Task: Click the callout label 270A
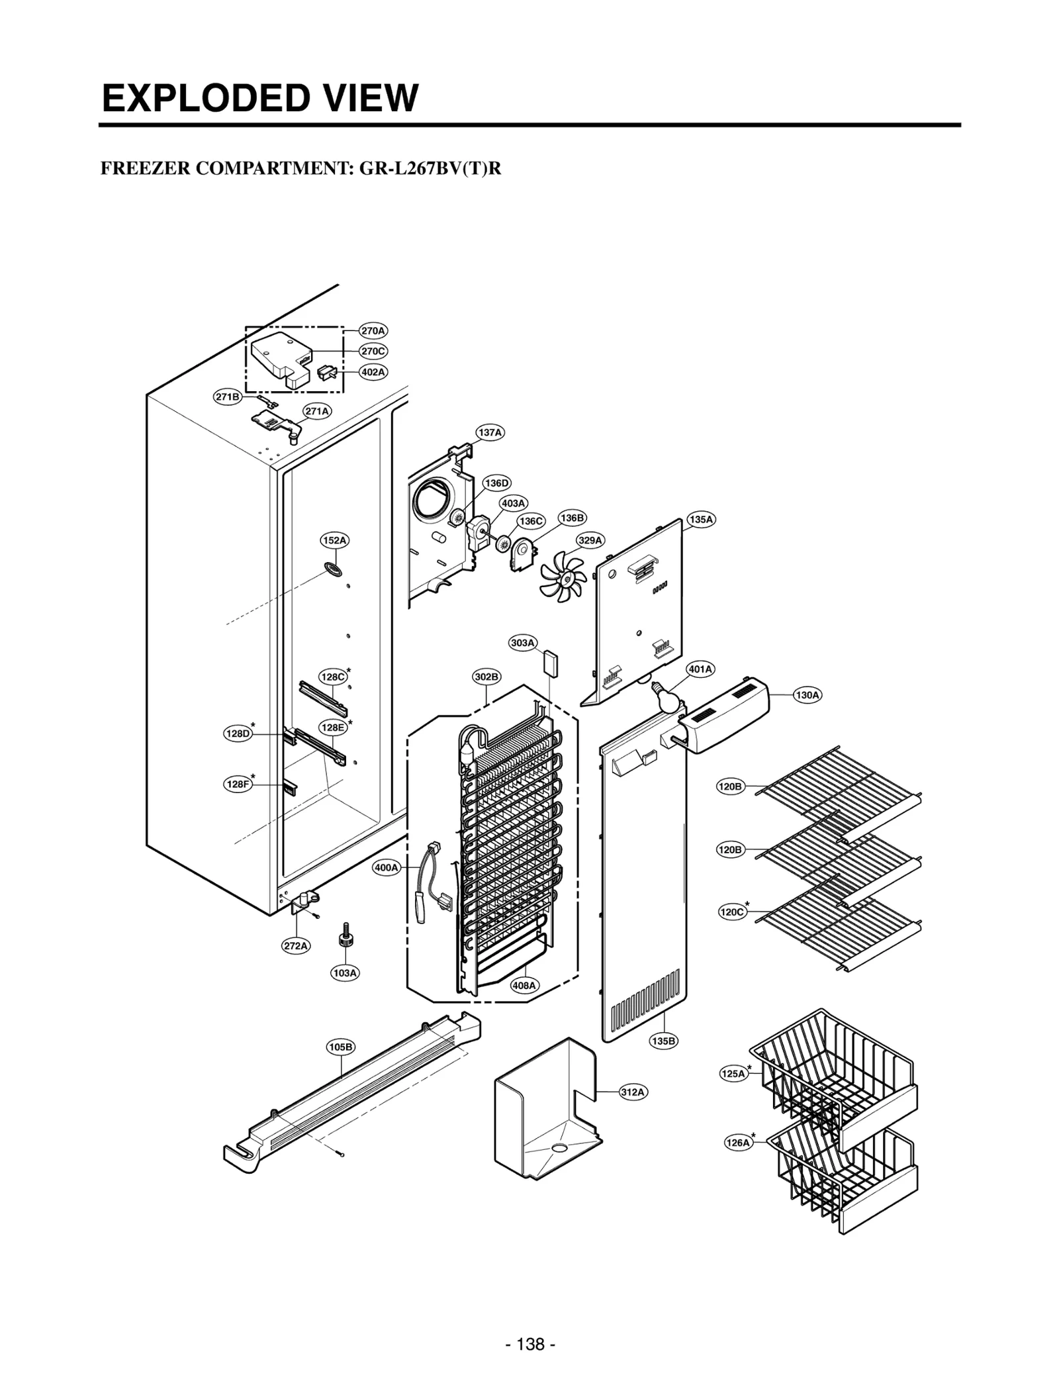(373, 330)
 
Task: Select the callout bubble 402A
(373, 372)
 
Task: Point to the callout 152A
(335, 540)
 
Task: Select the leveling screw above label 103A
(344, 937)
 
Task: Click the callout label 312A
(633, 1092)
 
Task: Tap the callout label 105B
(341, 1047)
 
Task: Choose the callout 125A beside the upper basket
(733, 1074)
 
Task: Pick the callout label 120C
(732, 912)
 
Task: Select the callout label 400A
(387, 867)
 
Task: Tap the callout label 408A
(524, 985)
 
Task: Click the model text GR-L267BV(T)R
(430, 169)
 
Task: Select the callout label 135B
(663, 1041)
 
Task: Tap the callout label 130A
(807, 695)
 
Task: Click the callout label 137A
(490, 432)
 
